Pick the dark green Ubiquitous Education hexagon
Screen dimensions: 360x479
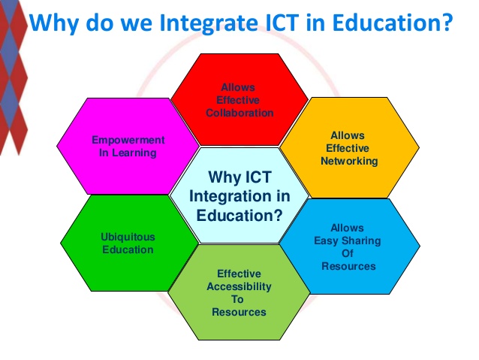coord(128,243)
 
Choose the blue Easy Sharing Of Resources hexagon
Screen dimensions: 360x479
coord(348,247)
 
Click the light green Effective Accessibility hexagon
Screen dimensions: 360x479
coord(239,293)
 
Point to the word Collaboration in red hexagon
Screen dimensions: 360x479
coord(239,113)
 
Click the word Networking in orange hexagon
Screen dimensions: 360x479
coord(348,161)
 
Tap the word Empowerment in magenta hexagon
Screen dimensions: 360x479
coord(128,140)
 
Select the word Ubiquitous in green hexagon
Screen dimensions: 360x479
coord(128,237)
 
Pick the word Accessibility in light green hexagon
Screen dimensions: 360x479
coord(239,286)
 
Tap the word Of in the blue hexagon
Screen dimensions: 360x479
coord(348,253)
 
